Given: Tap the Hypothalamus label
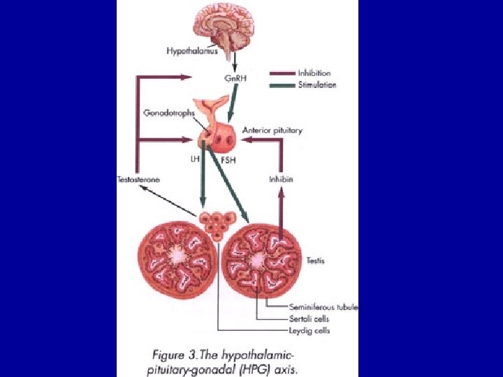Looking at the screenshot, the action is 192,51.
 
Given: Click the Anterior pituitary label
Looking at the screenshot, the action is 272,131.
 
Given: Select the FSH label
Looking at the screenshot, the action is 228,159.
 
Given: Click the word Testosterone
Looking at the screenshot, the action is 138,179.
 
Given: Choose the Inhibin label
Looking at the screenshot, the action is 281,179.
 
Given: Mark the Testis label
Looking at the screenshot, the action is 316,260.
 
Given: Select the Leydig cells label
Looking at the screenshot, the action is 309,330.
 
